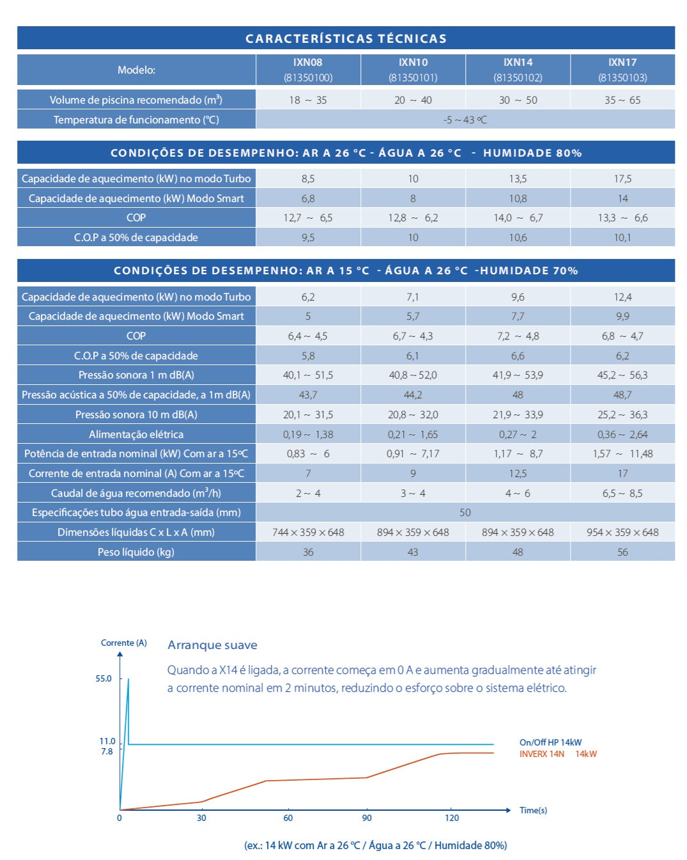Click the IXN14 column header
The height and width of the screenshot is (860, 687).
tap(517, 70)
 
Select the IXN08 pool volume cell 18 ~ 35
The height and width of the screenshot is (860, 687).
tap(307, 100)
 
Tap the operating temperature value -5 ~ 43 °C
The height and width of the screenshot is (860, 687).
tap(465, 120)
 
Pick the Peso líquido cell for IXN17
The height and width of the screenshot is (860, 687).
tap(622, 552)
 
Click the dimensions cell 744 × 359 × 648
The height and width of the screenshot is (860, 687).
tap(307, 532)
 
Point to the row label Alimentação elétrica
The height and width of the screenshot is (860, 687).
tap(135, 434)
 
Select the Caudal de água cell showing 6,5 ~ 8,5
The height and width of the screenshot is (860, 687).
tap(622, 493)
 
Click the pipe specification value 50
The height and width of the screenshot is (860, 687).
tap(465, 512)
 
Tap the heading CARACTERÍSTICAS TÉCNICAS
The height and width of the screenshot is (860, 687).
tap(346, 38)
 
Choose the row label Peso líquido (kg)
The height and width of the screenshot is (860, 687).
tap(135, 552)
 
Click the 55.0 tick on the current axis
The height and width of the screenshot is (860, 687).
tap(104, 678)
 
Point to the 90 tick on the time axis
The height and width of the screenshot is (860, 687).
tap(366, 818)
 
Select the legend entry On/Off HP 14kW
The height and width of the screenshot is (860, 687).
tap(550, 742)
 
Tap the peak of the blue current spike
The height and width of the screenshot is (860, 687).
tap(128, 678)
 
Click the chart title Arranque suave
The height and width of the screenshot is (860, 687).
tap(212, 645)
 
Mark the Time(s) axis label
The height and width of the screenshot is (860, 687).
tap(533, 810)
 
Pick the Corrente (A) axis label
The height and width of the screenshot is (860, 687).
tap(123, 643)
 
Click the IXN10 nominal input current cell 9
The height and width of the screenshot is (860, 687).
tap(413, 473)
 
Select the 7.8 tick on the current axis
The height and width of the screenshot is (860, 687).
tap(107, 751)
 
